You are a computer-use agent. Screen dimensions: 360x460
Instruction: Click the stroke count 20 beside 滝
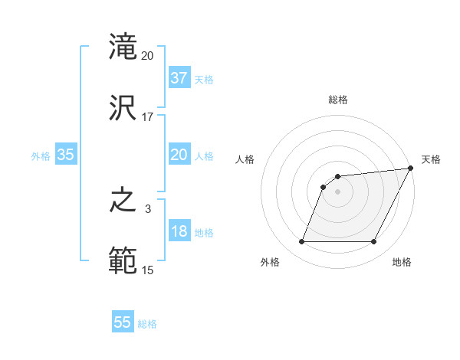[x=148, y=56]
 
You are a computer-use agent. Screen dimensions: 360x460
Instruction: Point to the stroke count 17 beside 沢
[x=148, y=116]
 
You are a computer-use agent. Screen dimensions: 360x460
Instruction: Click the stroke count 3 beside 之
[x=148, y=209]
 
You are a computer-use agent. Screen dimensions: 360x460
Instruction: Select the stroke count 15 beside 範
[x=148, y=270]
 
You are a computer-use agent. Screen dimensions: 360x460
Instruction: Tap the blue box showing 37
[x=179, y=78]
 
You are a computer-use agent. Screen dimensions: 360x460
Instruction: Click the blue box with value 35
[x=65, y=155]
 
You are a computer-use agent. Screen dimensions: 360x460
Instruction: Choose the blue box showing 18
[x=179, y=231]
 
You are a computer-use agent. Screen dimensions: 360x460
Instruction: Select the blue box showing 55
[x=123, y=322]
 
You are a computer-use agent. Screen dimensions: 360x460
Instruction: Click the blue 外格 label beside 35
[x=41, y=156]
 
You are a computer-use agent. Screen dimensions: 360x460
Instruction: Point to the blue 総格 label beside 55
[x=147, y=324]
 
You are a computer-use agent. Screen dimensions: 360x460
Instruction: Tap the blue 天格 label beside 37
[x=203, y=80]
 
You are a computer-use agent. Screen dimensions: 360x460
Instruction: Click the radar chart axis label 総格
[x=338, y=100]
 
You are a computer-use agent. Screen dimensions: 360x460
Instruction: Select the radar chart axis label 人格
[x=245, y=159]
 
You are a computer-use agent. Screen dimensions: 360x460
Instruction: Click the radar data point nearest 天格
[x=412, y=168]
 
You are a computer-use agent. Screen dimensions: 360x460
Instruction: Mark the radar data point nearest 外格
[x=301, y=242]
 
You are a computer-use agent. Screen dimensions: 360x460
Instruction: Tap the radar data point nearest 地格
[x=374, y=242]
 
